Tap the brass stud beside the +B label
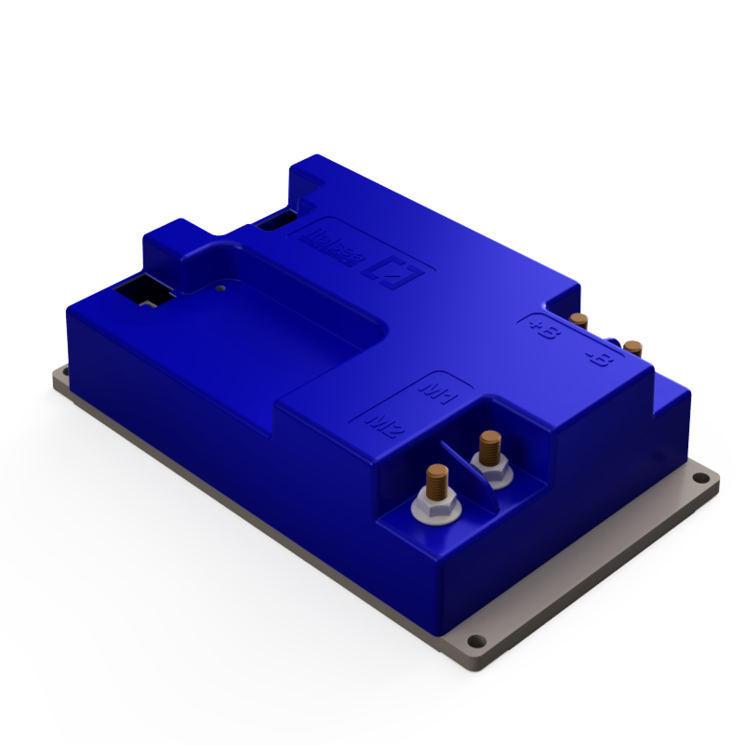coord(579,321)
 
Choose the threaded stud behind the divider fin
coord(489,446)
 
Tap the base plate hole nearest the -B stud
coord(701,480)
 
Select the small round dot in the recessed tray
coord(219,288)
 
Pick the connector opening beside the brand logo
coord(276,222)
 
